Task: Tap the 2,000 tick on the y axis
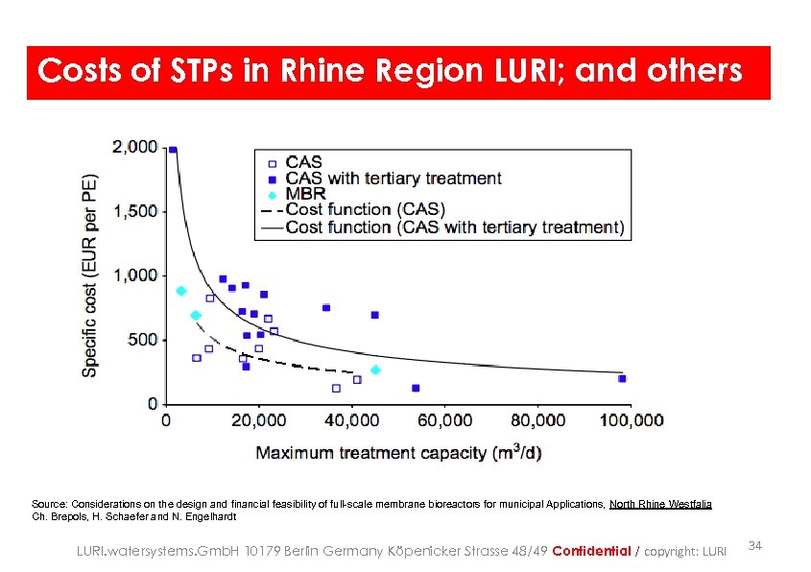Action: pyautogui.click(x=135, y=147)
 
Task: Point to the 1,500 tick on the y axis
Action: pyautogui.click(x=135, y=211)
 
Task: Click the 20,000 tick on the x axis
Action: pyautogui.click(x=259, y=420)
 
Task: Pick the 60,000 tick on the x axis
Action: pyautogui.click(x=444, y=420)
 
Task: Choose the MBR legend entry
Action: pyautogui.click(x=305, y=194)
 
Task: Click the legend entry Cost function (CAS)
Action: pyautogui.click(x=365, y=209)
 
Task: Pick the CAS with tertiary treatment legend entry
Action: pyautogui.click(x=394, y=178)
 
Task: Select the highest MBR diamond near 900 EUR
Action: pyautogui.click(x=180, y=291)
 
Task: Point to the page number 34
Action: pyautogui.click(x=754, y=546)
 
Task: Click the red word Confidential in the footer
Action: pyautogui.click(x=591, y=551)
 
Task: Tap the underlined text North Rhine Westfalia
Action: pyautogui.click(x=660, y=504)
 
